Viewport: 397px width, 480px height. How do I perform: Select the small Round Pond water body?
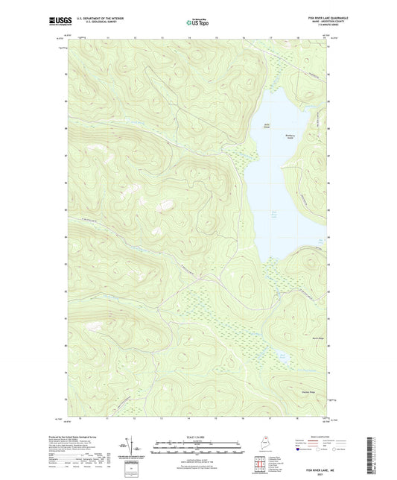point(282,356)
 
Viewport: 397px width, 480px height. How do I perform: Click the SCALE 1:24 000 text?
point(197,437)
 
